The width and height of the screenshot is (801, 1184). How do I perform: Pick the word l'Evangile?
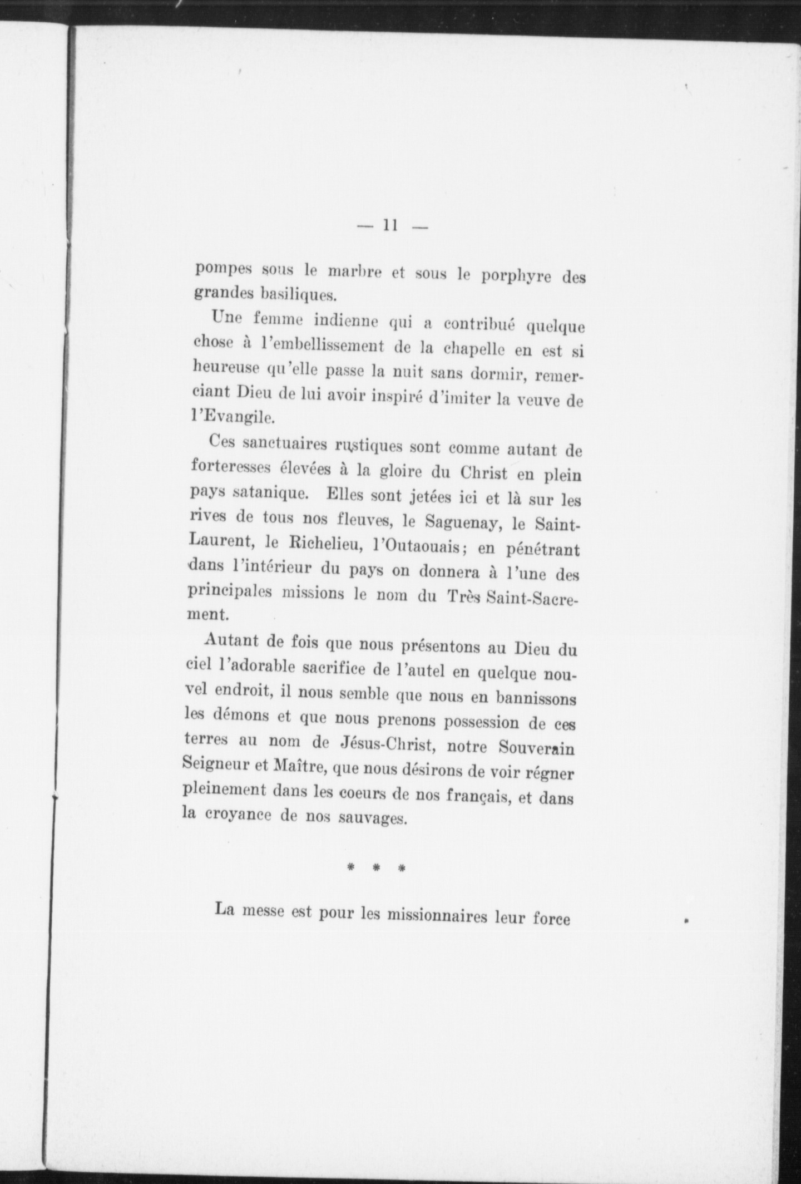[x=231, y=418]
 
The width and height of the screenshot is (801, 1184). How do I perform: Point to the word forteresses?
[x=236, y=468]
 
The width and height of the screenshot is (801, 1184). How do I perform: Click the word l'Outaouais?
[x=416, y=548]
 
